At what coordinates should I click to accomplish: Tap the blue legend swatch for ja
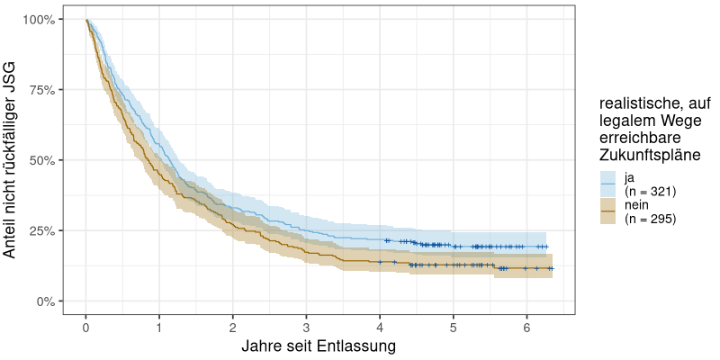[608, 184]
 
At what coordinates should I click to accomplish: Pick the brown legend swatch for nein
[608, 211]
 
